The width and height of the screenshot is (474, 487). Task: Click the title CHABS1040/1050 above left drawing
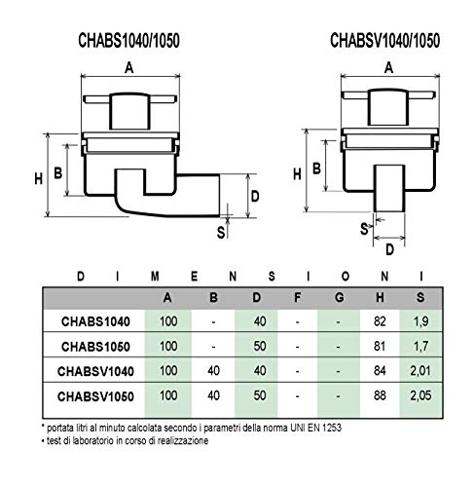point(128,41)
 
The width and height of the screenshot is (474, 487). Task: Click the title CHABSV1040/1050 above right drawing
point(384,41)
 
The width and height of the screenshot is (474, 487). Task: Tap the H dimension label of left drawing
point(39,178)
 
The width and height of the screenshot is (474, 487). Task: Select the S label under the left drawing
point(221,233)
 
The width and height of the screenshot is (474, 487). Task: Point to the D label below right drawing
point(389,249)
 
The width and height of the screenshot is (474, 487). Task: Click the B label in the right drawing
point(316,169)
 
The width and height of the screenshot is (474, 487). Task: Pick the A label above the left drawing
point(129,68)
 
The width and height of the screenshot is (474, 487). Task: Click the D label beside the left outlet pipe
point(255,196)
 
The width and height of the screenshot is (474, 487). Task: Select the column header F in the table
point(297,297)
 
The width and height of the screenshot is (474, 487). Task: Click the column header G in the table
point(339,297)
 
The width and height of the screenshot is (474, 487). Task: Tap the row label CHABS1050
point(95,347)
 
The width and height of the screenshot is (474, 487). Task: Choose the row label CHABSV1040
point(95,371)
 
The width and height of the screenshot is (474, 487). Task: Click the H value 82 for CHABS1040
point(380,321)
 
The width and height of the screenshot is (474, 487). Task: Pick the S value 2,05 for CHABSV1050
point(420,395)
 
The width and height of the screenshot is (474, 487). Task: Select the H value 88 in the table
point(380,395)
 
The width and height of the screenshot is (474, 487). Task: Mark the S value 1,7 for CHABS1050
point(420,346)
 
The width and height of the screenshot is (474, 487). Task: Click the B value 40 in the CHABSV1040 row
point(213,371)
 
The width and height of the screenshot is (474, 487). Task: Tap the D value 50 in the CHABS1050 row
point(260,346)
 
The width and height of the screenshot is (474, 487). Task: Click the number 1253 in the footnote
point(332,428)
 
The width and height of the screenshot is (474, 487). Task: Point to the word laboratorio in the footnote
point(86,441)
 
